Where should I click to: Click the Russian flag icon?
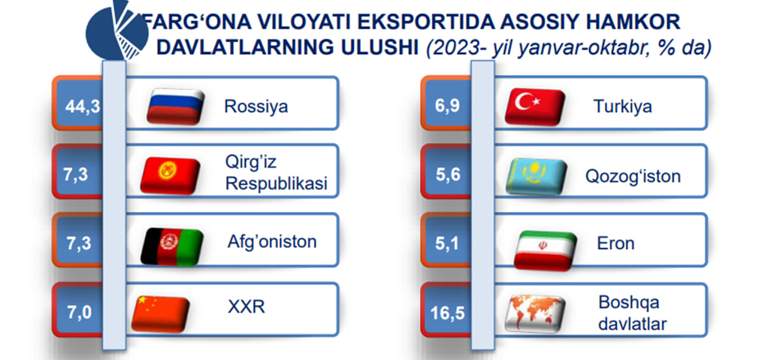(175, 106)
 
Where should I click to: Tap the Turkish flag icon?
(535, 106)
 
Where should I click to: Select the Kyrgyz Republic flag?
(170, 175)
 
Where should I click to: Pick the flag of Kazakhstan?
(536, 177)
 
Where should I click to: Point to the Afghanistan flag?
(172, 247)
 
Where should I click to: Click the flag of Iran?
(545, 251)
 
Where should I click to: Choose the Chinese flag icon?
(161, 314)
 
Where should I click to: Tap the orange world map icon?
(535, 313)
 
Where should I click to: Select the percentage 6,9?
(448, 106)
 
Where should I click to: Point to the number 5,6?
(448, 175)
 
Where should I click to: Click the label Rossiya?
(255, 106)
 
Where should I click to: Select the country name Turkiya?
(622, 106)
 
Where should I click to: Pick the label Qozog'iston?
(633, 176)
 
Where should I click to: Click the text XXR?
(246, 307)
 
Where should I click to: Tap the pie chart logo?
(117, 30)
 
